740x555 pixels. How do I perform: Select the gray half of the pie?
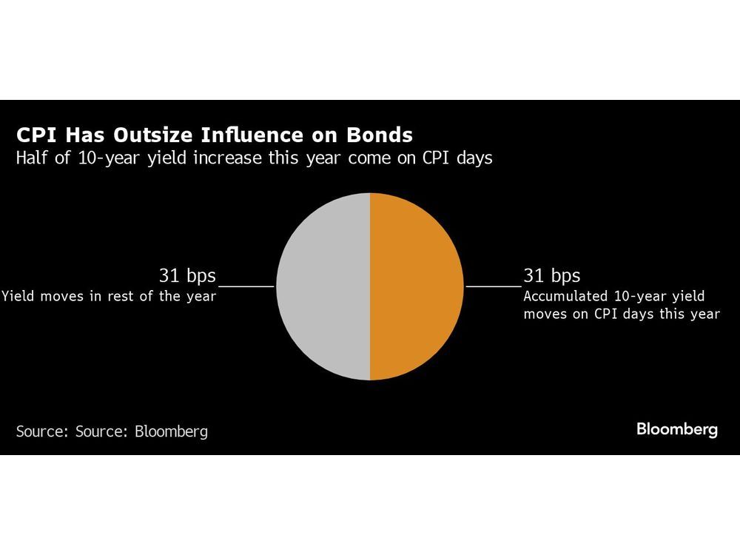pyautogui.click(x=325, y=286)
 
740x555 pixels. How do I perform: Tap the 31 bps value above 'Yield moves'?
pyautogui.click(x=187, y=275)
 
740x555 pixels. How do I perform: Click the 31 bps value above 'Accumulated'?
pyautogui.click(x=552, y=275)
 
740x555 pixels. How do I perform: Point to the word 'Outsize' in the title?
pyautogui.click(x=153, y=135)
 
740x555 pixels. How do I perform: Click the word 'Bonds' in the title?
pyautogui.click(x=380, y=135)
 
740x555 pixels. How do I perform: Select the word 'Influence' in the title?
pyautogui.click(x=252, y=135)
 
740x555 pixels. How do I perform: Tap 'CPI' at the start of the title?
pyautogui.click(x=36, y=135)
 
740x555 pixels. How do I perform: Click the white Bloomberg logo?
pyautogui.click(x=677, y=429)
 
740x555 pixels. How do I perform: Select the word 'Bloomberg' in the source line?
pyautogui.click(x=172, y=432)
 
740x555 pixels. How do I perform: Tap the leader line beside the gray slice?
pyautogui.click(x=246, y=286)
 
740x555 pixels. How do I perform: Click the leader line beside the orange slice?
pyautogui.click(x=494, y=286)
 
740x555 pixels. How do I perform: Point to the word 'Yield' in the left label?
pyautogui.click(x=18, y=297)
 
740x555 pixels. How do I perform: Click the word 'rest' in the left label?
pyautogui.click(x=121, y=297)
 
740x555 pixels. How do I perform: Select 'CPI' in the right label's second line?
pyautogui.click(x=607, y=314)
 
